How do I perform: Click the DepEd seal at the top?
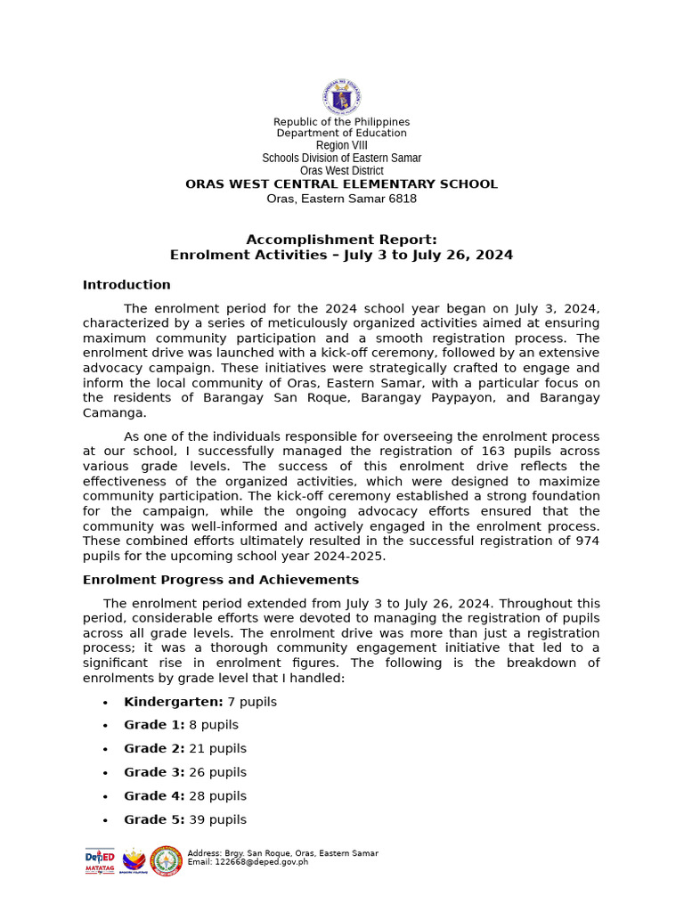(x=341, y=97)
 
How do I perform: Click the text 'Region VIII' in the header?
(x=341, y=145)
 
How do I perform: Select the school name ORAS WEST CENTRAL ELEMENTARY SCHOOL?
(x=341, y=184)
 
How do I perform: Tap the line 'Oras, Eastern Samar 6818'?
(x=341, y=199)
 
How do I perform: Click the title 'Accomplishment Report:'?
(x=341, y=240)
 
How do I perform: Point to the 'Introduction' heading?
(x=126, y=285)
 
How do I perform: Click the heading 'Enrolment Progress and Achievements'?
(x=221, y=580)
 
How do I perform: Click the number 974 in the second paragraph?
(x=587, y=541)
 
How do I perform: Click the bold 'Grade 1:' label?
(x=154, y=725)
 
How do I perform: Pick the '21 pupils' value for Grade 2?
(x=217, y=749)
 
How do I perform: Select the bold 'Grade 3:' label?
(x=154, y=772)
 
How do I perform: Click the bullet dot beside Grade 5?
(x=105, y=820)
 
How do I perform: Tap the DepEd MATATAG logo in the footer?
(x=100, y=860)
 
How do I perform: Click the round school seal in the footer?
(x=167, y=861)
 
